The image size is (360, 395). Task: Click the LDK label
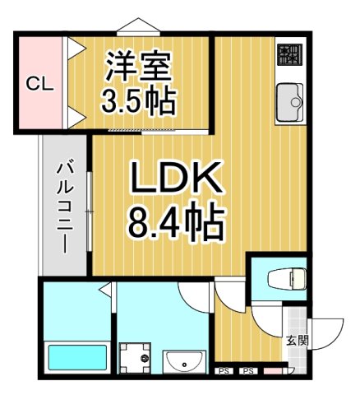coord(174,178)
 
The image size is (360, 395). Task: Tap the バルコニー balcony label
coord(62,206)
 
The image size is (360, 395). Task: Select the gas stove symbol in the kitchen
coord(289,55)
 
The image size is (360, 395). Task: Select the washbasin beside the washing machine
coord(184,360)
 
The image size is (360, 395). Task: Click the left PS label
coord(224,372)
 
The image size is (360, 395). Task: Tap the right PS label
coord(247,372)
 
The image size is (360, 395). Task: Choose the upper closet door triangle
coord(72,50)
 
